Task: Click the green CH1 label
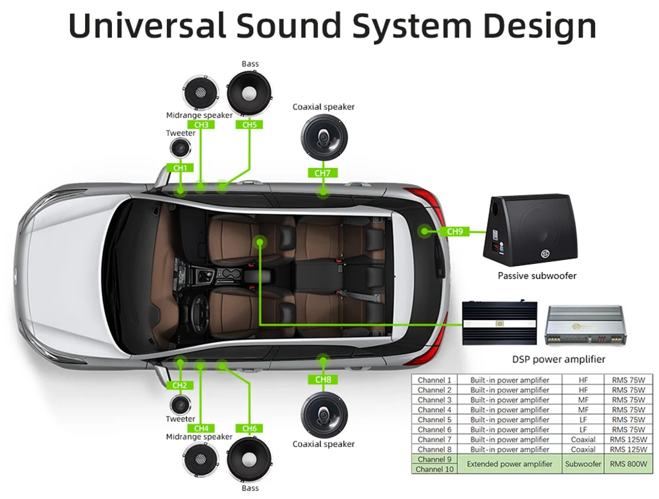pyautogui.click(x=180, y=168)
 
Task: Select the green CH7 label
pyautogui.click(x=322, y=173)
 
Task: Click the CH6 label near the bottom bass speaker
pyautogui.click(x=249, y=429)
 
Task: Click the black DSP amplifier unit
pyautogui.click(x=499, y=323)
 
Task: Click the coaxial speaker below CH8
pyautogui.click(x=323, y=415)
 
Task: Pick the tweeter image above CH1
pyautogui.click(x=180, y=149)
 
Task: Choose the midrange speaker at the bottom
pyautogui.click(x=200, y=462)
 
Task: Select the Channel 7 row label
pyautogui.click(x=434, y=439)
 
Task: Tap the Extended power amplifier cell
pyautogui.click(x=509, y=463)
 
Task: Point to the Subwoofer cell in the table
pyautogui.click(x=583, y=463)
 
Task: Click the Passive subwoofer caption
pyautogui.click(x=536, y=275)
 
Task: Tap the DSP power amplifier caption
pyautogui.click(x=558, y=359)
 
